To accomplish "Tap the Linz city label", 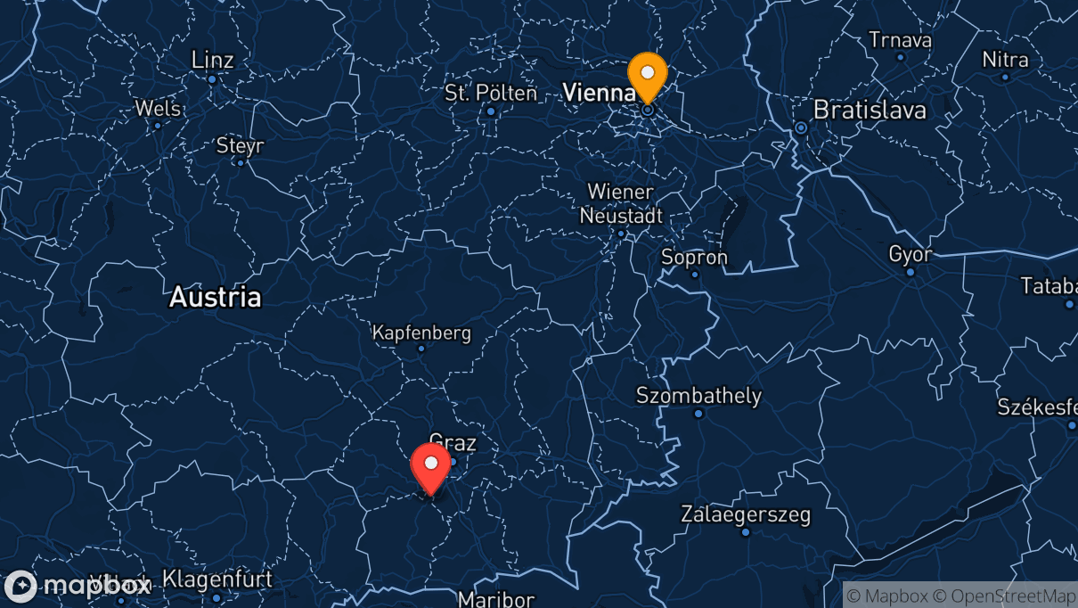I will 213,60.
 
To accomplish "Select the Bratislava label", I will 870,111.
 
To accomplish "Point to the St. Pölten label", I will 491,93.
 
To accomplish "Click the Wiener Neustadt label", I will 621,204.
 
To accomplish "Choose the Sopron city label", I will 694,257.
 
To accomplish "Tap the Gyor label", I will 910,254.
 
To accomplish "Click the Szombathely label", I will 698,395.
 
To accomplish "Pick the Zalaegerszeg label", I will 746,514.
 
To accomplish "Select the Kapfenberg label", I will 421,333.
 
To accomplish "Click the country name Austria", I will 216,297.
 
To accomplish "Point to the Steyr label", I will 240,145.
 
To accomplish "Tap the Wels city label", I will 158,108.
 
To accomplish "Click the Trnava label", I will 900,40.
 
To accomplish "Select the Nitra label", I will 1005,60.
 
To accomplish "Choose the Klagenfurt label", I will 217,579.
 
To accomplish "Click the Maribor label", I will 496,598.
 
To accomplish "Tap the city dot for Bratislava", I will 801,127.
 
